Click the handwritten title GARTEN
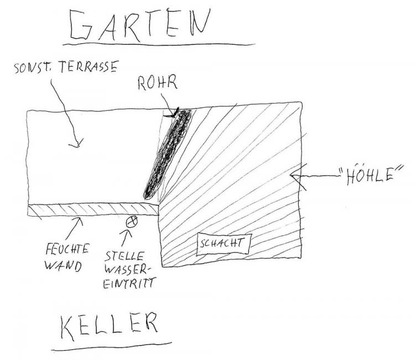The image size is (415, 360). pos(139,24)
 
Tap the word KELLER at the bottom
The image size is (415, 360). pos(109,326)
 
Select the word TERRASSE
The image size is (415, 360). pos(88,66)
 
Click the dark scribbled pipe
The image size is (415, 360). pos(168,153)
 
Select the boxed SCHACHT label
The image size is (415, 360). pos(224,244)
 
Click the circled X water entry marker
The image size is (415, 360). pos(132,222)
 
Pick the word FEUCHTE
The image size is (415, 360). pos(67,250)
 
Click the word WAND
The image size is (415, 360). pos(63,266)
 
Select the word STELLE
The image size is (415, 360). pos(124,256)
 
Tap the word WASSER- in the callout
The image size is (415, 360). pos(126,270)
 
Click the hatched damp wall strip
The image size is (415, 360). pos(93,209)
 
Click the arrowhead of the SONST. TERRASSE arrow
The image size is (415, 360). pos(76,142)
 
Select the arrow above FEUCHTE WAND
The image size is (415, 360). pos(75,228)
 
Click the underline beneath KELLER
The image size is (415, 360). pos(111,347)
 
